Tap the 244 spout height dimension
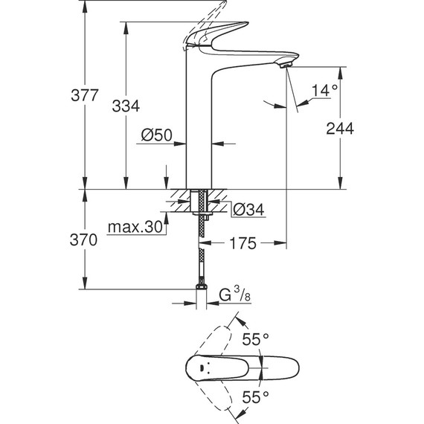coord(339,128)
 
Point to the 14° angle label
coord(324,91)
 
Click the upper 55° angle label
coord(254,338)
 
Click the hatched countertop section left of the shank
coord(179,199)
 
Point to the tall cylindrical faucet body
coord(197,126)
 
